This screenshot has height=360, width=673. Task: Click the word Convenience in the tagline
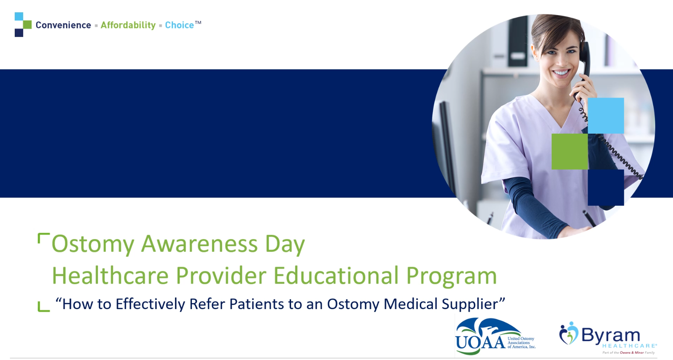pos(63,25)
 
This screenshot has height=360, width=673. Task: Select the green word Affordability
pos(128,25)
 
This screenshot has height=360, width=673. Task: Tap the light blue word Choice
pos(179,25)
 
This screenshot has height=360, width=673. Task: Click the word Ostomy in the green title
pos(93,244)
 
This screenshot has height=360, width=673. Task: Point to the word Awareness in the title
pos(199,244)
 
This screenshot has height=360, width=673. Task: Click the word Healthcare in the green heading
pos(110,275)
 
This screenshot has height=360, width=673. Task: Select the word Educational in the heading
pos(336,275)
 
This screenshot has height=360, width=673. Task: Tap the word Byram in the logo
pos(610,335)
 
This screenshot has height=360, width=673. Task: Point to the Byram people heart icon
pos(568,333)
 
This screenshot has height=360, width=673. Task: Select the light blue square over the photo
pos(606,115)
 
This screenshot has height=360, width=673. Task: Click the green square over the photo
pos(570,151)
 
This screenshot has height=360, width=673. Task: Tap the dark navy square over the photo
pos(606,188)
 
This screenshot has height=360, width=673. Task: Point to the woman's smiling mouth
pos(561,73)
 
